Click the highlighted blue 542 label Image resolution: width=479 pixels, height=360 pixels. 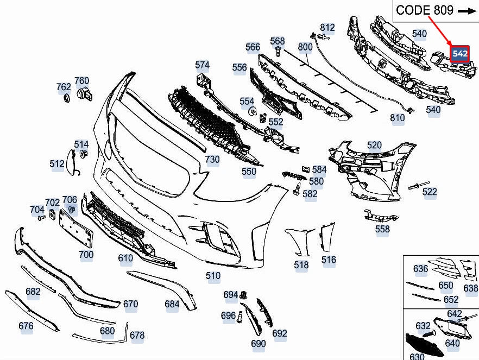click(459, 54)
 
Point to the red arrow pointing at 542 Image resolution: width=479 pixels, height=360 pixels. click(440, 30)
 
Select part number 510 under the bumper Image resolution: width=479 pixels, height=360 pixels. click(213, 276)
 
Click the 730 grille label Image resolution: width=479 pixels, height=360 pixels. click(212, 159)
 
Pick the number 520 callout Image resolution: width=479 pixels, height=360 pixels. click(374, 146)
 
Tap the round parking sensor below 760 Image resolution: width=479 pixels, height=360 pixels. click(84, 95)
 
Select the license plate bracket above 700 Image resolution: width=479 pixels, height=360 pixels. click(76, 228)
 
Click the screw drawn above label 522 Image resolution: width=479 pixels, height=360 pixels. click(419, 186)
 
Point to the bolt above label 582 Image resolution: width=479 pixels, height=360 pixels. click(297, 188)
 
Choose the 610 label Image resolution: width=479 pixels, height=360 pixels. click(125, 258)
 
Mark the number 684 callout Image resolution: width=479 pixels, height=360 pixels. click(172, 304)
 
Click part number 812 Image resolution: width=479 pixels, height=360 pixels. click(327, 27)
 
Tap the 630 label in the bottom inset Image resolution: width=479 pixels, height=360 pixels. click(417, 356)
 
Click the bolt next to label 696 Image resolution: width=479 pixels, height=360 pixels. click(239, 317)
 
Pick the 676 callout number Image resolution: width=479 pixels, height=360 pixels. click(26, 326)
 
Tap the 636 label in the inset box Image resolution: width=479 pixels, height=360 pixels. click(420, 269)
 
